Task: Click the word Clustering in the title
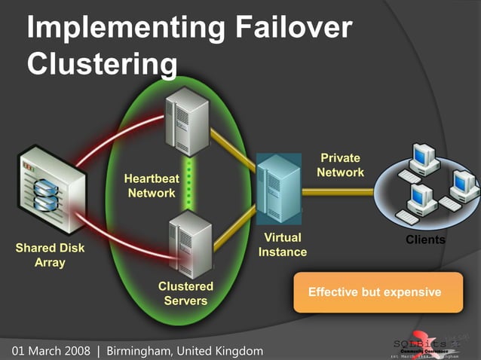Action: pyautogui.click(x=103, y=63)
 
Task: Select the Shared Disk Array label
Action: pyautogui.click(x=50, y=255)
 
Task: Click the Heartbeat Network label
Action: pyautogui.click(x=150, y=186)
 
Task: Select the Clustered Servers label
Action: pyautogui.click(x=185, y=294)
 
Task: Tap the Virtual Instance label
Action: pyautogui.click(x=283, y=245)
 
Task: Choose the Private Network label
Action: pyautogui.click(x=340, y=165)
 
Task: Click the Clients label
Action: pyautogui.click(x=426, y=240)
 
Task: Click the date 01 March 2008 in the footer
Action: pyautogui.click(x=50, y=351)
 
